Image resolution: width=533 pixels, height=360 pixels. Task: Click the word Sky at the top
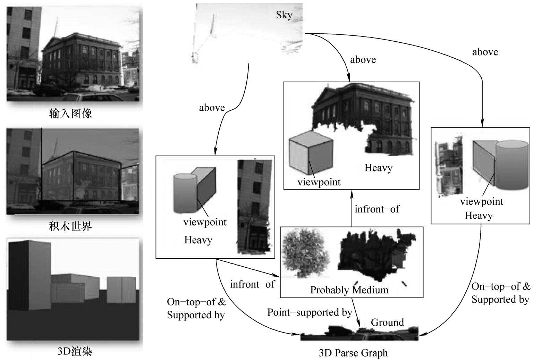[284, 15]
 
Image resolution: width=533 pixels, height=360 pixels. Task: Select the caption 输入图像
[71, 114]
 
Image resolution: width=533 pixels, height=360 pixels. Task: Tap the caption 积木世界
[71, 226]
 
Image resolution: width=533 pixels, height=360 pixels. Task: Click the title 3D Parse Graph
[353, 353]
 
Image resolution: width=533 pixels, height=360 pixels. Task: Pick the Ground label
[387, 323]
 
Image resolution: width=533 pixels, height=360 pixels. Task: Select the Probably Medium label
[349, 290]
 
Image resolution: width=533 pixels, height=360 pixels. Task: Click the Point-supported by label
[310, 312]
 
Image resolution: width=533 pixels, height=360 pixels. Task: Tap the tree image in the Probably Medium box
[303, 252]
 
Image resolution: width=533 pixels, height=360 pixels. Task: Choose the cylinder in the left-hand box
[185, 193]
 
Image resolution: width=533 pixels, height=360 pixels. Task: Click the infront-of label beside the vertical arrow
[377, 209]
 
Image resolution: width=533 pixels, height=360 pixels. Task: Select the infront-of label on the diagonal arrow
[252, 284]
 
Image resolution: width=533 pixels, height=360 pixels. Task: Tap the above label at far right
[485, 52]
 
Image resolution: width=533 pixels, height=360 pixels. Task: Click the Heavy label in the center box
[378, 168]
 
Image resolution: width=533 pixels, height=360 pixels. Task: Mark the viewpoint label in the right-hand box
[482, 201]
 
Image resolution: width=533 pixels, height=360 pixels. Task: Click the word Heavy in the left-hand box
[198, 240]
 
